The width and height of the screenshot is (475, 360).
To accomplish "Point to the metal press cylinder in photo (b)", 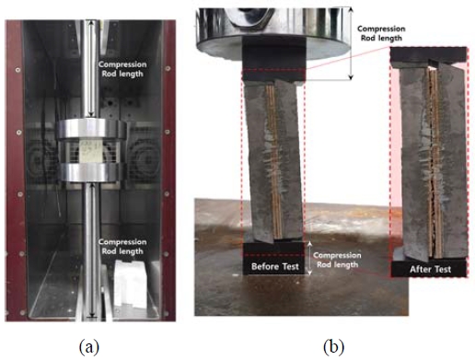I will point(272,23).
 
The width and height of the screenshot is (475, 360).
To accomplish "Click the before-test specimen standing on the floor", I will point(274,157).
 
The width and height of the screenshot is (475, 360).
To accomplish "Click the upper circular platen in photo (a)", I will point(90,127).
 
